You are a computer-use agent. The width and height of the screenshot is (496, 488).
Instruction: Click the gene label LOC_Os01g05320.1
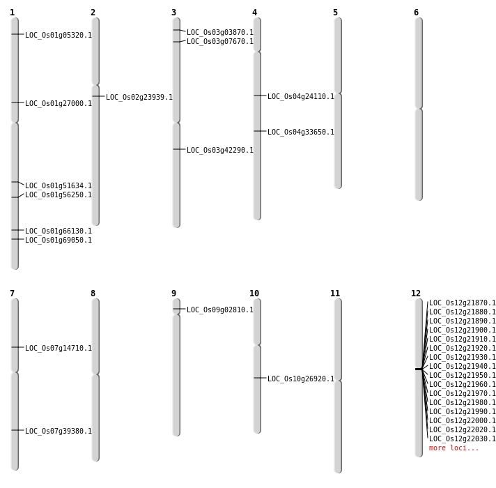[x=59, y=35]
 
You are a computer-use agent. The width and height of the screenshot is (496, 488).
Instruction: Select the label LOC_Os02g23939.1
[x=139, y=97]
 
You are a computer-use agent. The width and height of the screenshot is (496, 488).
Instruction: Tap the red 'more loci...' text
[x=454, y=448]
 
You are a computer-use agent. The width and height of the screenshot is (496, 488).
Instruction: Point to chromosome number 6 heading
[x=417, y=13]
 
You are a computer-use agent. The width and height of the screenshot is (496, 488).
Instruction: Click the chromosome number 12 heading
[x=416, y=293]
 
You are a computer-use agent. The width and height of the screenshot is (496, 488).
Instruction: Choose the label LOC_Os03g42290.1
[x=220, y=150]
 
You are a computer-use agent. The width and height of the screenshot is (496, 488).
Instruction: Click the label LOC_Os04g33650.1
[x=301, y=132]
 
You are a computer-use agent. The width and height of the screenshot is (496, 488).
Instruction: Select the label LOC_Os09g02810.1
[x=220, y=310]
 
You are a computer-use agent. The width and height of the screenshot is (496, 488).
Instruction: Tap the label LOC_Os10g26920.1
[x=301, y=379]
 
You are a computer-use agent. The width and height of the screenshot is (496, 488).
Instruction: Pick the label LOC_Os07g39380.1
[x=59, y=431]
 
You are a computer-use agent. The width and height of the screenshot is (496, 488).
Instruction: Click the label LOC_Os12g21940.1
[x=462, y=366]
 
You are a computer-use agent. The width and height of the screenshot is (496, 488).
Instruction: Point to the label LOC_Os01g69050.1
[x=59, y=241]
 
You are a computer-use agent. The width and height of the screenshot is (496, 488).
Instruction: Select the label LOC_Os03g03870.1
[x=220, y=32]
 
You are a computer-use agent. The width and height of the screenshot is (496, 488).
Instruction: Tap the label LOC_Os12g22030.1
[x=462, y=439]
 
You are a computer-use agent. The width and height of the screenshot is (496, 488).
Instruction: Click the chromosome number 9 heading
[x=173, y=293]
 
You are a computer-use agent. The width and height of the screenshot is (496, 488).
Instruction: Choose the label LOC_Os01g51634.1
[x=59, y=185]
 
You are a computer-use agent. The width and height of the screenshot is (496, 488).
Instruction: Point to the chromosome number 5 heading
[x=335, y=13]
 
